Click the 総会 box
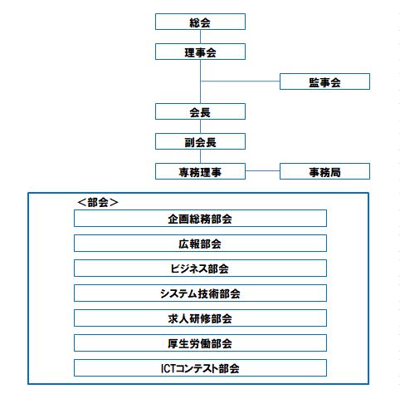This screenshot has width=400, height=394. (x=200, y=22)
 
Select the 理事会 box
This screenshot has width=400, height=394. (x=200, y=52)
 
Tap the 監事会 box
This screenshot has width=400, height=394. (x=324, y=81)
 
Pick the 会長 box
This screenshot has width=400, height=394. (x=200, y=111)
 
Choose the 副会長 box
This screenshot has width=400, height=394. (x=200, y=141)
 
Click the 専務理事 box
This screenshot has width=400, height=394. (x=200, y=171)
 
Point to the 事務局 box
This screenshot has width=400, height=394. (x=324, y=171)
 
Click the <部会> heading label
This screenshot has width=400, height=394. (x=98, y=202)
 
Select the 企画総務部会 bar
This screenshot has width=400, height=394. (x=200, y=219)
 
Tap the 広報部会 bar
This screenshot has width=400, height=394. (x=200, y=244)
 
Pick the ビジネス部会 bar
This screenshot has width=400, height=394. (x=200, y=268)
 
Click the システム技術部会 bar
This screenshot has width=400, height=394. (x=200, y=293)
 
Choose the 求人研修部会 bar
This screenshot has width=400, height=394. (x=200, y=318)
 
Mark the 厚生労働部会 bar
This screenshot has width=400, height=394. (x=200, y=343)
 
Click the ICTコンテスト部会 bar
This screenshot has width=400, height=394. (x=200, y=368)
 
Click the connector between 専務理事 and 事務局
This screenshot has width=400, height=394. (x=262, y=170)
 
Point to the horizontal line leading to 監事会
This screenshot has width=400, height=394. (x=241, y=81)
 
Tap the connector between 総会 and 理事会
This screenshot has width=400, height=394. (x=200, y=37)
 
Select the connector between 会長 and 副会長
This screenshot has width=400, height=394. (x=200, y=126)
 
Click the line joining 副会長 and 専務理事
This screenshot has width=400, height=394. (x=200, y=156)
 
